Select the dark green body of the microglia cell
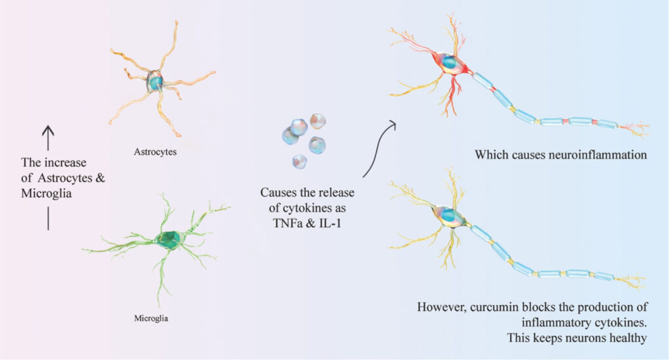click(169, 240)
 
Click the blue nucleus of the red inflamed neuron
click(449, 62)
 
